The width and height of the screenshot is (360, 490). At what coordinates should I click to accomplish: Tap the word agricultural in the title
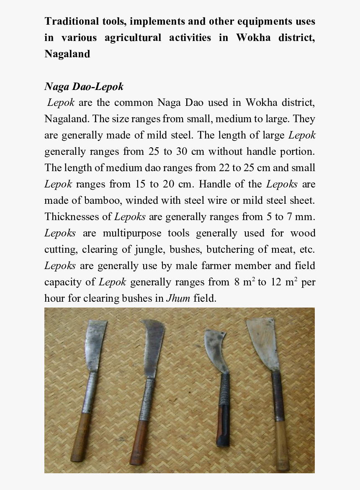(133, 38)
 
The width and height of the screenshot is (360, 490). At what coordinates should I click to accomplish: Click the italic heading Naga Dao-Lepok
(84, 87)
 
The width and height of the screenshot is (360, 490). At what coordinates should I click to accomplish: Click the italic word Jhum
(178, 298)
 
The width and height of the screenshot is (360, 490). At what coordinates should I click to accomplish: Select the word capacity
(64, 282)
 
